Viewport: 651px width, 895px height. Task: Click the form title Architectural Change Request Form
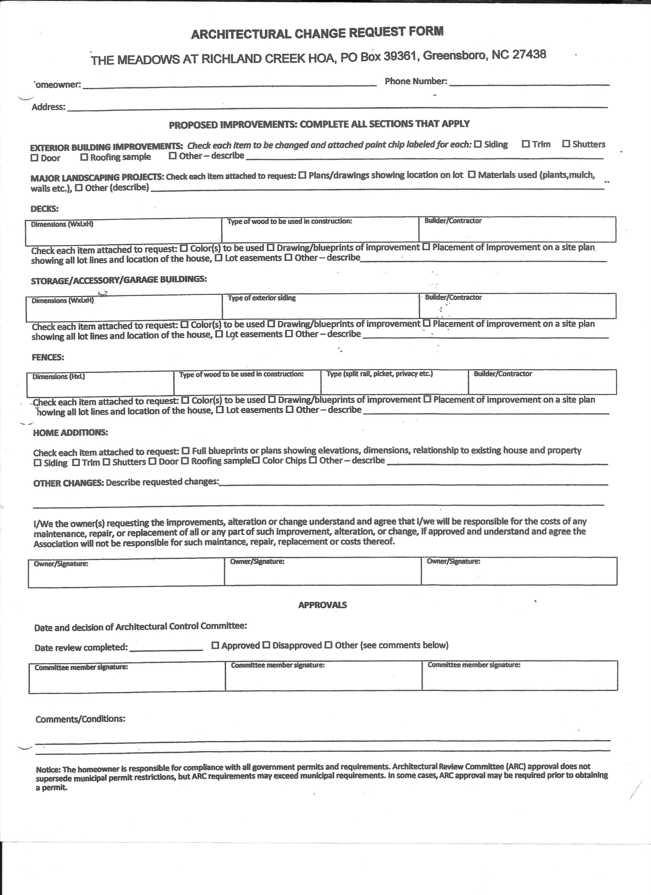(317, 33)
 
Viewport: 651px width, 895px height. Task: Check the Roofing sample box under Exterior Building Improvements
(84, 157)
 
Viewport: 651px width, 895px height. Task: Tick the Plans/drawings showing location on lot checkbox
(302, 175)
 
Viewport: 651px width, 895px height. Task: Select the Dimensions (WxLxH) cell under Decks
(123, 231)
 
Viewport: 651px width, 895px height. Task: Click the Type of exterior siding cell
(320, 307)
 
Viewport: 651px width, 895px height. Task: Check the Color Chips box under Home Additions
(256, 460)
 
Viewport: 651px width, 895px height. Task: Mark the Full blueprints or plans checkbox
(185, 451)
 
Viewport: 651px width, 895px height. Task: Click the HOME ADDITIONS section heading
(70, 432)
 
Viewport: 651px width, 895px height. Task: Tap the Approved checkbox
(215, 646)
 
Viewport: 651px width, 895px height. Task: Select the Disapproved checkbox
(267, 646)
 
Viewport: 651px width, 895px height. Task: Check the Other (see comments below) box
(328, 646)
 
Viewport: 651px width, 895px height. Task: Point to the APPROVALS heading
(322, 605)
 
